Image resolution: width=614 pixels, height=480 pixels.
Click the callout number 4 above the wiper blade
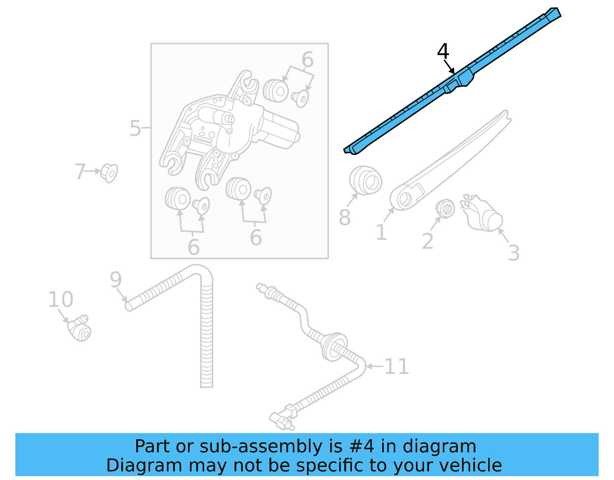coord(443,51)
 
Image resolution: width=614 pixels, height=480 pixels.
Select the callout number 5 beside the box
coord(135,128)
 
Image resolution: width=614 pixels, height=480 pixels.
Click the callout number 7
coord(79,171)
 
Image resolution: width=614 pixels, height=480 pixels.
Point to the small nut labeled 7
coord(109,173)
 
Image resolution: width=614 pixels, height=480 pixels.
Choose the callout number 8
coord(345,218)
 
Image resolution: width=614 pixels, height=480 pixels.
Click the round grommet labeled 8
coord(366,180)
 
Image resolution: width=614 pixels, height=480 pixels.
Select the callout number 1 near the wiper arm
coord(381,233)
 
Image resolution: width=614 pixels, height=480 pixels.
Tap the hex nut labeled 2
coord(445,209)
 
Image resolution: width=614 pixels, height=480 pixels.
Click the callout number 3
coord(513,253)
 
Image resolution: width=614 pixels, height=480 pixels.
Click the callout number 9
coord(116,280)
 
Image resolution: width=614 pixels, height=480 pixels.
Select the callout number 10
coord(61,299)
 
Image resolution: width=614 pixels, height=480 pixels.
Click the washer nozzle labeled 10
coord(80,329)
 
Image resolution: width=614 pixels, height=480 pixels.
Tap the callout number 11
coord(396,367)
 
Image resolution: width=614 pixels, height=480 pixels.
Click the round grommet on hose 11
coord(334,346)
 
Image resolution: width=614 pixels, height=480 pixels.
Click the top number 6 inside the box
coord(307,60)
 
